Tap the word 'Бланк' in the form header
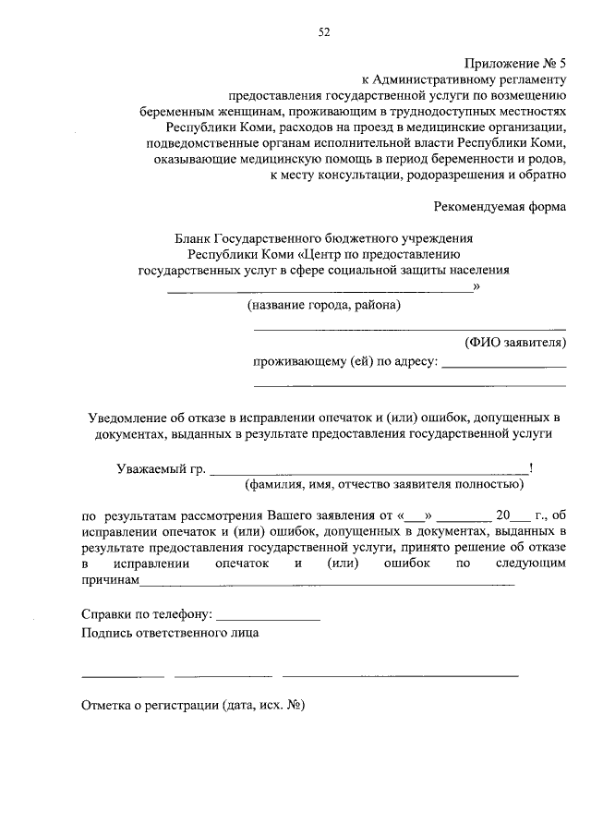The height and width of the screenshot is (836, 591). pyautogui.click(x=194, y=237)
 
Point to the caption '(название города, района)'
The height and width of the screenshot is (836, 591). pyautogui.click(x=323, y=304)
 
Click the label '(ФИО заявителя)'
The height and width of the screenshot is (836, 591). pyautogui.click(x=514, y=343)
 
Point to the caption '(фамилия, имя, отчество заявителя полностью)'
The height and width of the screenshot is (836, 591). pyautogui.click(x=383, y=483)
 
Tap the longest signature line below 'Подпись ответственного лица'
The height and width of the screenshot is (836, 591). pyautogui.click(x=400, y=676)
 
